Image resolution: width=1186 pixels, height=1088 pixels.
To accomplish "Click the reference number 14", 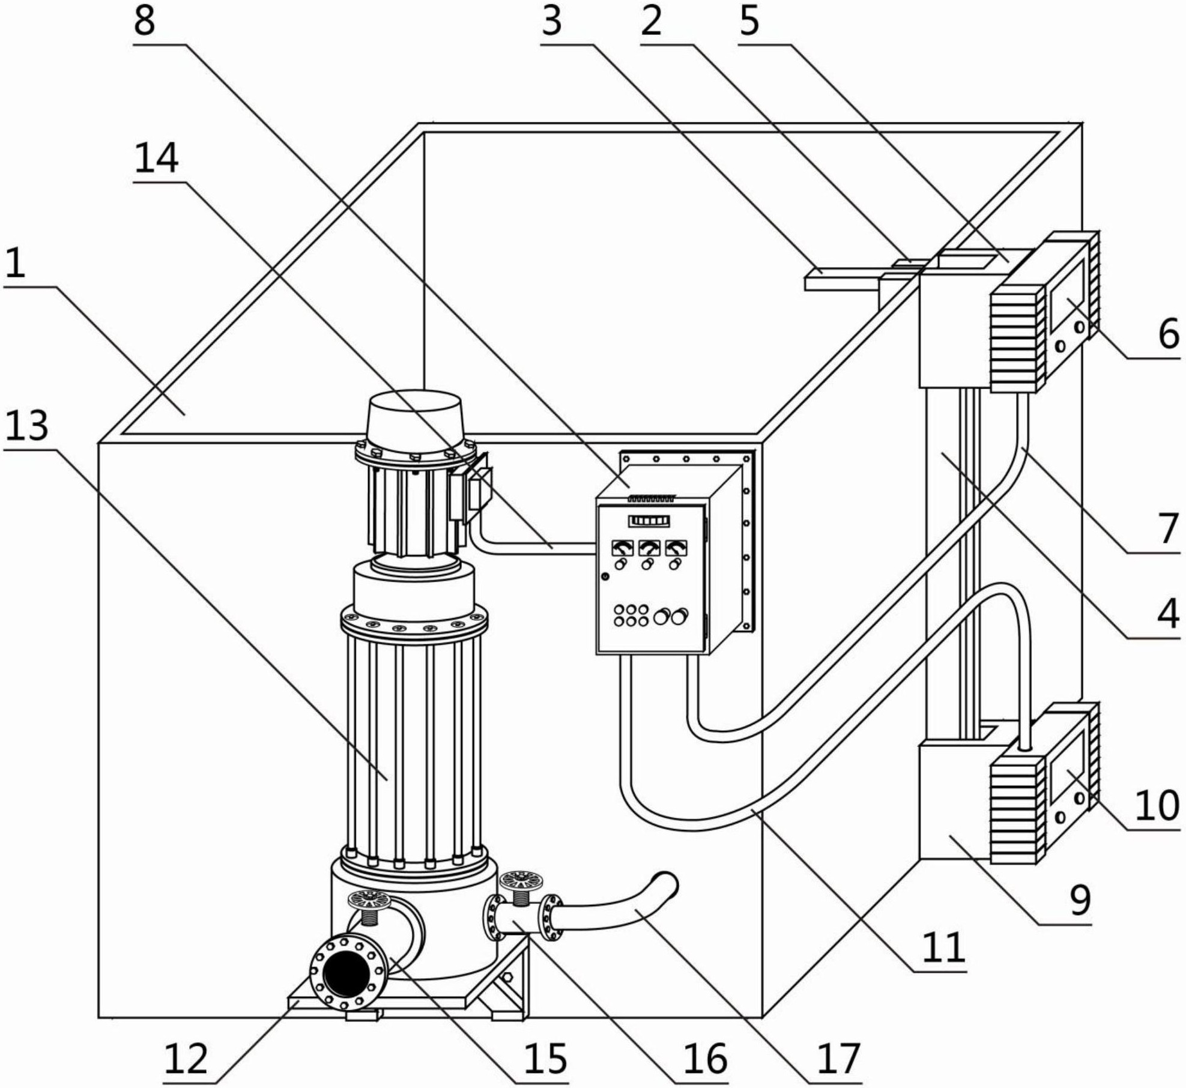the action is tap(156, 160).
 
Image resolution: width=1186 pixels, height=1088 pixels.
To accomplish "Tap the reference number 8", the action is tap(144, 22).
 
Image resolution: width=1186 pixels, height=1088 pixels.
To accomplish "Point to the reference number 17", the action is tap(839, 1058).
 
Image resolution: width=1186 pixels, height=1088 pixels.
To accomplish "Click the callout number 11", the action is tap(943, 947).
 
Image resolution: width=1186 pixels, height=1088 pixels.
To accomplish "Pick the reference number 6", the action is tap(1169, 334).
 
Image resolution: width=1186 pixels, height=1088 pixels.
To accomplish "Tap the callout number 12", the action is tap(186, 1058).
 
